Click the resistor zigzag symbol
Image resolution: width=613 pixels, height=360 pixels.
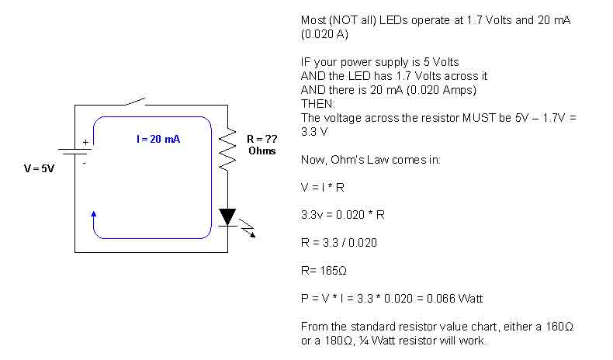227,150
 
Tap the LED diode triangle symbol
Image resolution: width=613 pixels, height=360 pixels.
227,216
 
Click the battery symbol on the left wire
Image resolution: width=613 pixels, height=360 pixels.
75,153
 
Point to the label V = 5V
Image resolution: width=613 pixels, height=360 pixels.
39,168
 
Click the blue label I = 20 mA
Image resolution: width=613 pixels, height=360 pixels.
158,139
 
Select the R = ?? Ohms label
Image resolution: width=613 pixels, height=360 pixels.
261,145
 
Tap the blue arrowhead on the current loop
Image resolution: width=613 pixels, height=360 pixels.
94,213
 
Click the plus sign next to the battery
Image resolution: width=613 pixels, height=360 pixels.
85,143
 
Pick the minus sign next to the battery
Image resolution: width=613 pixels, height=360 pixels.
85,164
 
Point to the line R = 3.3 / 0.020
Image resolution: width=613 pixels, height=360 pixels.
338,241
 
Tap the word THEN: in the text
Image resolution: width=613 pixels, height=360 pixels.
317,102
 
